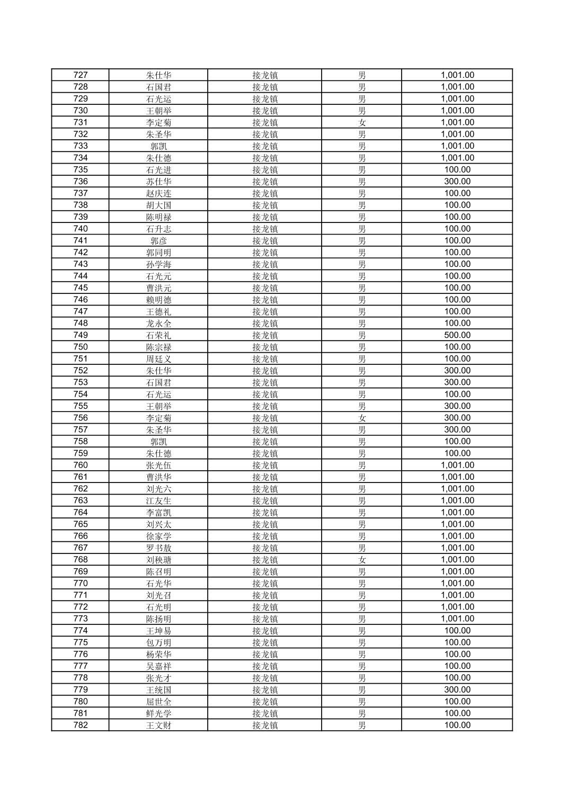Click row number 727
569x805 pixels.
pos(81,75)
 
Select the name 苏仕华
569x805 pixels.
pos(158,182)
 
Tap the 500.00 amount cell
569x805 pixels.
pos(457,335)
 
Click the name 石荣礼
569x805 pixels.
pos(158,335)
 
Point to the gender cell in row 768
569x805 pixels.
pos(362,560)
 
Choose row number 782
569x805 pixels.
pos(81,725)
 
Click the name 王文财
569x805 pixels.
pos(158,725)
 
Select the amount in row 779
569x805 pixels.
pos(457,690)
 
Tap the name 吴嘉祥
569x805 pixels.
pos(158,666)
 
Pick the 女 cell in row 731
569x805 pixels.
pos(362,122)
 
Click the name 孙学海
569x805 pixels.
pos(158,264)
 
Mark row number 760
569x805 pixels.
pos(81,465)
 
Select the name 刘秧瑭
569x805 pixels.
pos(158,560)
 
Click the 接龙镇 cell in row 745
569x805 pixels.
pos(265,288)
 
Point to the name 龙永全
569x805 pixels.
pos(158,323)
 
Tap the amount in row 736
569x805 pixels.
pos(457,182)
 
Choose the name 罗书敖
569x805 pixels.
pos(158,548)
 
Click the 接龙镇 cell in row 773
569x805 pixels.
pos(265,619)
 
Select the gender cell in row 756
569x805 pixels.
pos(362,418)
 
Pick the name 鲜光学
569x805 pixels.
pos(158,713)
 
